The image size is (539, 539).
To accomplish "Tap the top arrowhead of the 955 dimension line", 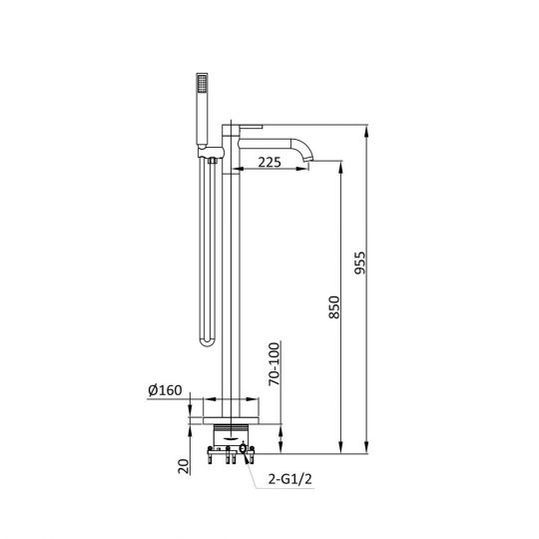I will point(368,130).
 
